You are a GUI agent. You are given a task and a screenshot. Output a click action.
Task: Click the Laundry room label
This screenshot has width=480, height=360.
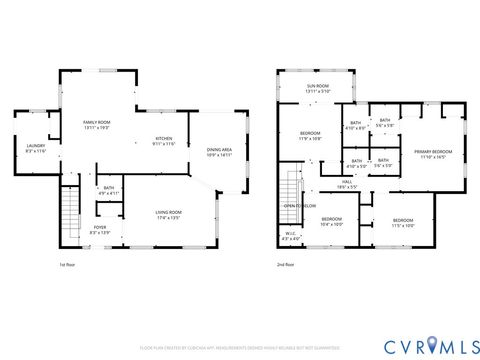click(35, 148)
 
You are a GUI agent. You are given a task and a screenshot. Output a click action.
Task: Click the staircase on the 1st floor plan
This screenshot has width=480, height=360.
click(69, 214)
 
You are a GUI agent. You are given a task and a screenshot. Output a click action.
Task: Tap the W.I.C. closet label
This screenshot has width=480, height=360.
click(289, 238)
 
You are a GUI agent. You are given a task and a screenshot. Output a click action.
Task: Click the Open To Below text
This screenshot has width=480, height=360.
click(300, 206)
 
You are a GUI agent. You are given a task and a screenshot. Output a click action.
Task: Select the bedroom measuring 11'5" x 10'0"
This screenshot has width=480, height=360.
click(403, 222)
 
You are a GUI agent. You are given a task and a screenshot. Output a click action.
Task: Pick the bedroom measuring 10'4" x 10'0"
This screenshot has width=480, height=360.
click(330, 222)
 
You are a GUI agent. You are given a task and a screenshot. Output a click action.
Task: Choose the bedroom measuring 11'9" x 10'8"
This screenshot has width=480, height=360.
click(310, 136)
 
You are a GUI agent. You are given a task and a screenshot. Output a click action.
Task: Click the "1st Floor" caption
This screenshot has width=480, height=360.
click(67, 265)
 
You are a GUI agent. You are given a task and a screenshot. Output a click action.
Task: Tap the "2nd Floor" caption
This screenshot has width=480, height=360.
click(285, 265)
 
